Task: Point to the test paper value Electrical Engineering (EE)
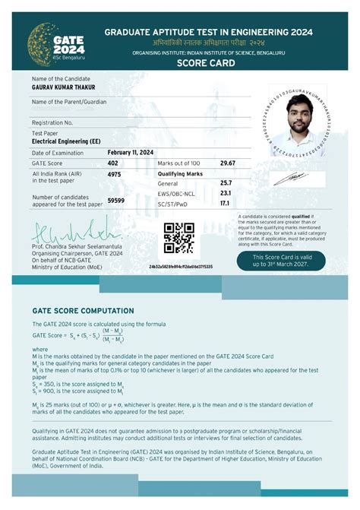(x=69, y=141)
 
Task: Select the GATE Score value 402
(x=113, y=163)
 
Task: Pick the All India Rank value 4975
(x=115, y=174)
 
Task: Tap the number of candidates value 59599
(x=116, y=200)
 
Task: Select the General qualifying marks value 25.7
(x=226, y=184)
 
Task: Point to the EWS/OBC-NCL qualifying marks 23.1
(x=226, y=194)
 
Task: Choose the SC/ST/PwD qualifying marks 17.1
(x=225, y=204)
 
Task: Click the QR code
(x=180, y=238)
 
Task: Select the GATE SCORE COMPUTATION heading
(x=83, y=311)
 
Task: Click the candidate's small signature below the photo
(x=289, y=177)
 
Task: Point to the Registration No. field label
(x=52, y=122)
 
